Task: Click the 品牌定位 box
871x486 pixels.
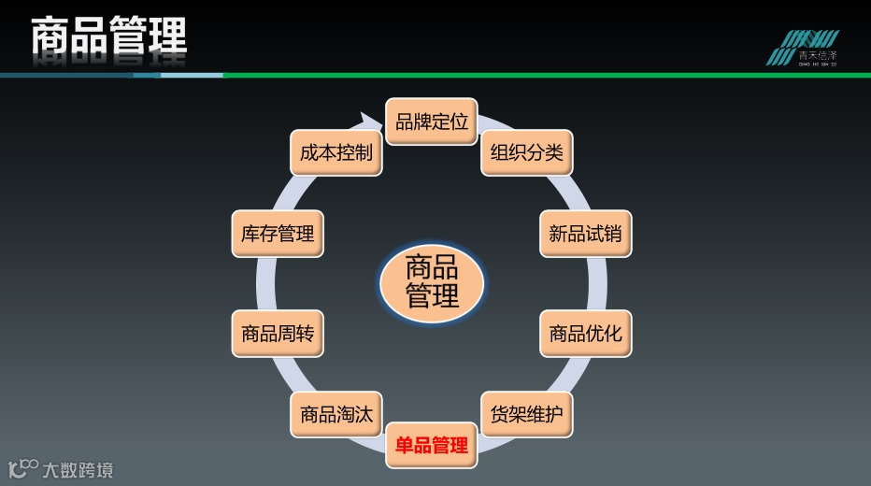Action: pyautogui.click(x=432, y=121)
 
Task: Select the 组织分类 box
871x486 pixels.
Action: pyautogui.click(x=527, y=152)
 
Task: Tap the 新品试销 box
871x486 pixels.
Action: pyautogui.click(x=585, y=233)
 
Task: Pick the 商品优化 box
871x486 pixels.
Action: pyautogui.click(x=585, y=334)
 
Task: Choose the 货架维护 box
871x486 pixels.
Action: pyautogui.click(x=527, y=414)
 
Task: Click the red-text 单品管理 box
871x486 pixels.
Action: pyautogui.click(x=432, y=445)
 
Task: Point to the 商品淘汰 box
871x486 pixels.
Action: pyautogui.click(x=336, y=414)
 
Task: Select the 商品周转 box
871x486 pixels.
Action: pyautogui.click(x=278, y=334)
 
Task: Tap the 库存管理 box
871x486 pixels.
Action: pyautogui.click(x=278, y=233)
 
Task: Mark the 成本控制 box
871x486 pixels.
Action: pyautogui.click(x=336, y=152)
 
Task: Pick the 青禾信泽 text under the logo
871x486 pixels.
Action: pyautogui.click(x=817, y=57)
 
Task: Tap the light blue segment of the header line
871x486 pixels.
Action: pyautogui.click(x=192, y=75)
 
